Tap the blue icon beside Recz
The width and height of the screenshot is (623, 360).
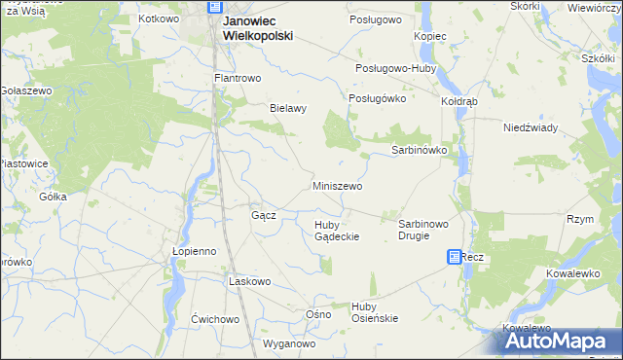[x=455, y=257]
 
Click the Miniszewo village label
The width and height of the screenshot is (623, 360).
[x=337, y=186]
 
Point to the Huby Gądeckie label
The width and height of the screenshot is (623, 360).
[x=337, y=231]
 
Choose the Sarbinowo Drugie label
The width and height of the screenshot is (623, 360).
[x=422, y=230]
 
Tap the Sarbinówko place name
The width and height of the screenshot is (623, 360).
[x=419, y=151]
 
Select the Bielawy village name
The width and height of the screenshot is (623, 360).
[x=288, y=108]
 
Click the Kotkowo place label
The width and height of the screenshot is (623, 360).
[x=160, y=18]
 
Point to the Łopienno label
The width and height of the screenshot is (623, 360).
[x=193, y=250]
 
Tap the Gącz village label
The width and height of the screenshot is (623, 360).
[x=264, y=215]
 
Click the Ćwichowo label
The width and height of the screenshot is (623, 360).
[x=215, y=319]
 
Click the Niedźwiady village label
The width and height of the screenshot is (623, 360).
[x=530, y=127]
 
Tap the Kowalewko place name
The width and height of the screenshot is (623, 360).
[x=571, y=274]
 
